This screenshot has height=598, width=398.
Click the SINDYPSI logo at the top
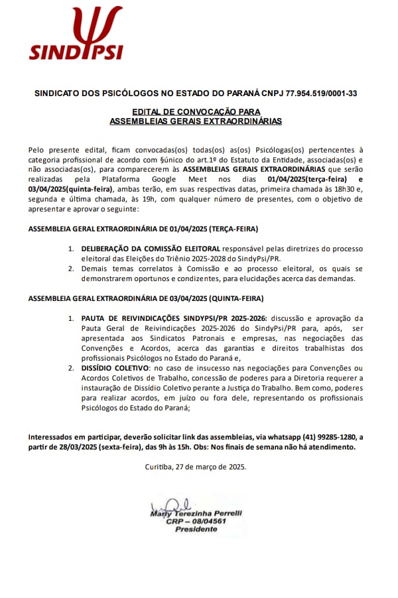click(x=76, y=33)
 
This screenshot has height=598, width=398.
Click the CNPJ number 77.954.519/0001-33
click(x=321, y=93)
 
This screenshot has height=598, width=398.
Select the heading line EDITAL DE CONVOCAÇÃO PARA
click(x=196, y=112)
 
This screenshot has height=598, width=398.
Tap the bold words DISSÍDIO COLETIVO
click(x=115, y=368)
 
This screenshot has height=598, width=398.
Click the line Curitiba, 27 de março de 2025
click(x=196, y=467)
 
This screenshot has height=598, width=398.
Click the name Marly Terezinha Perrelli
click(x=196, y=514)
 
